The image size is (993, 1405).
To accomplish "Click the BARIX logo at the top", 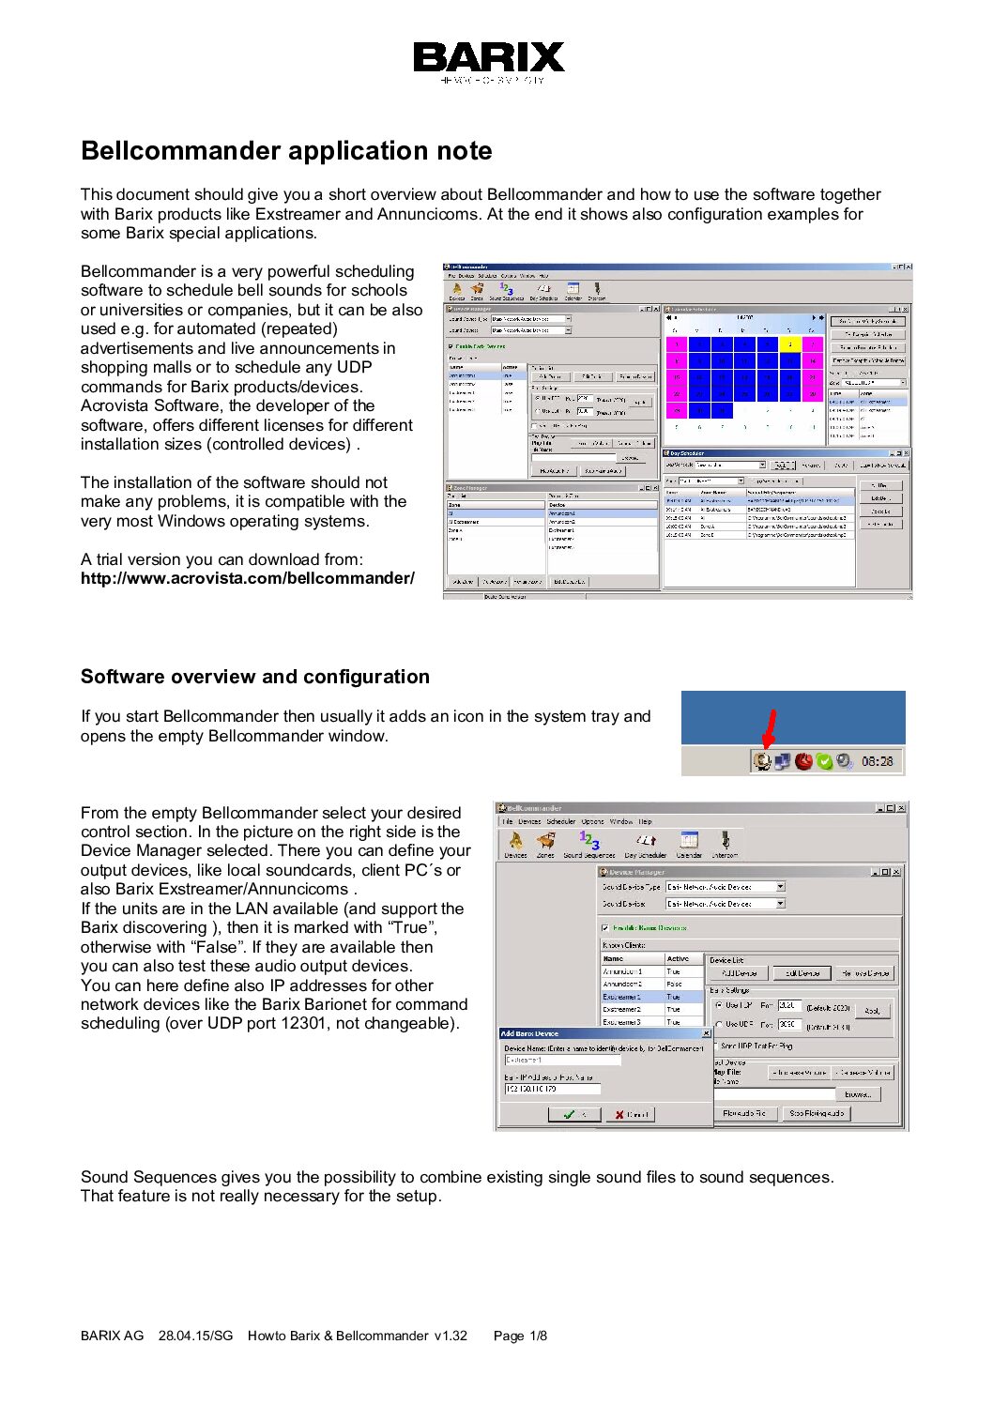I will (x=489, y=58).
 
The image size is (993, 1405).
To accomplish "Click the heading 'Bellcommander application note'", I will (x=286, y=151).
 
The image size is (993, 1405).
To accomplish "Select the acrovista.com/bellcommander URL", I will (x=247, y=578).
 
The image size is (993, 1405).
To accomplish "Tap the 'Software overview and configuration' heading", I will (x=255, y=677).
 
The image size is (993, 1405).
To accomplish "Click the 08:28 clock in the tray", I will (x=877, y=761).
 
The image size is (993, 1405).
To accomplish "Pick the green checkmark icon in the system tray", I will (x=824, y=761).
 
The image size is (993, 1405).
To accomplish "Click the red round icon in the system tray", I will (x=803, y=761).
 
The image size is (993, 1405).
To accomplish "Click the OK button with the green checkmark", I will (x=574, y=1114).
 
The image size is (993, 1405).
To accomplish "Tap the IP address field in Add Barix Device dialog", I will (x=552, y=1089).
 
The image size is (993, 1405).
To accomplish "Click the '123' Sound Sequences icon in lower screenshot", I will (x=589, y=841).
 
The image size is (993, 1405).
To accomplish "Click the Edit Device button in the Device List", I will (x=802, y=973).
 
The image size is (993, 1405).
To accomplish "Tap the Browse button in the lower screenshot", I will (x=858, y=1094).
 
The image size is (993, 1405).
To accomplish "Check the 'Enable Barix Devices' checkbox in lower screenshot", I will (x=605, y=927).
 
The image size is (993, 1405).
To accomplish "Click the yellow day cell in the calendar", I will (x=789, y=344).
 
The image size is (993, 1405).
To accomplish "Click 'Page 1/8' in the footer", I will (x=520, y=1336).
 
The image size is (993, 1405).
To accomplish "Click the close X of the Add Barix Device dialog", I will (x=707, y=1033).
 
